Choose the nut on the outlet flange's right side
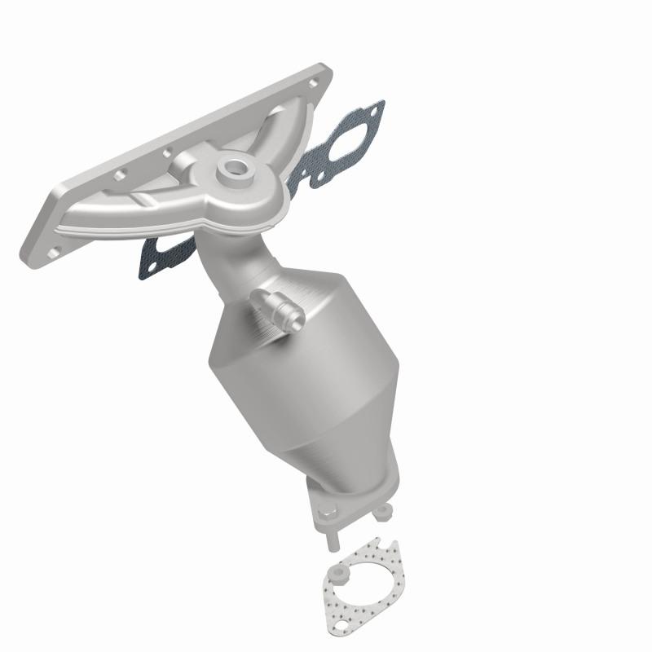point(381,513)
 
